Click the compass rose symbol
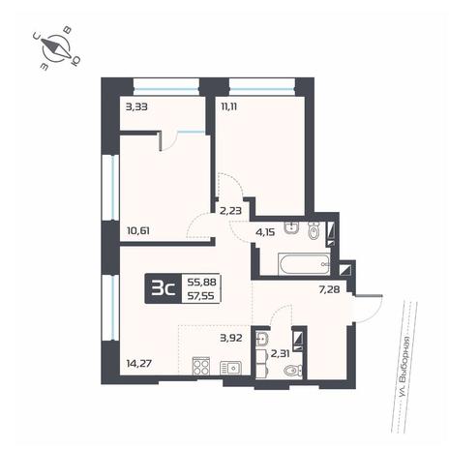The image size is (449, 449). [x=56, y=49]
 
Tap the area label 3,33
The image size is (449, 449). [x=136, y=106]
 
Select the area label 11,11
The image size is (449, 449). [x=228, y=106]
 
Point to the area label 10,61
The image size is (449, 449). [x=138, y=231]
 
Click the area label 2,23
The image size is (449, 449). [x=230, y=211]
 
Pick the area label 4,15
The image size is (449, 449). [x=264, y=231]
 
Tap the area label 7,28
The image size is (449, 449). [x=329, y=289]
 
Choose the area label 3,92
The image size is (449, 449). [x=231, y=338]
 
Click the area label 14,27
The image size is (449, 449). [x=140, y=364]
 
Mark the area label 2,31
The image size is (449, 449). [x=280, y=354]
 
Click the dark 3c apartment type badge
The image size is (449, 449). [x=164, y=288]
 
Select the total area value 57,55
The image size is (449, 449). [x=201, y=296]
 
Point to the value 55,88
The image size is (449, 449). [x=201, y=282]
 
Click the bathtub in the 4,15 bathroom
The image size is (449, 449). [x=304, y=264]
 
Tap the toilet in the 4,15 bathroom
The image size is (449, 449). [x=314, y=230]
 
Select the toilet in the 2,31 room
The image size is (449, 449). [x=293, y=371]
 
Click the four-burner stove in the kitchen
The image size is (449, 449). [x=201, y=366]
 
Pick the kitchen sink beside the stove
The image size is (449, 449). [x=230, y=368]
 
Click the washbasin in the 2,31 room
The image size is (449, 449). [x=262, y=339]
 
